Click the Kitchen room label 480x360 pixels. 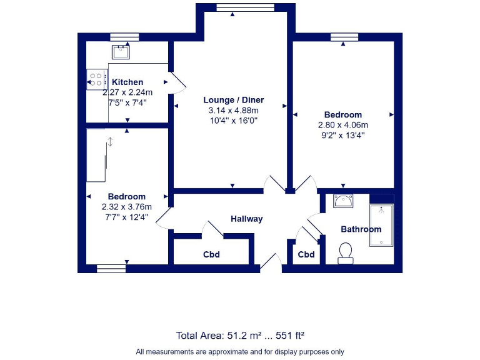(x=127, y=82)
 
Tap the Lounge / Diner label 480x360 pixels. (x=234, y=100)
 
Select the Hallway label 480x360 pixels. (x=246, y=219)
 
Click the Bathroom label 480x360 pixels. (x=361, y=229)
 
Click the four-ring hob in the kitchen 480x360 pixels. (x=96, y=79)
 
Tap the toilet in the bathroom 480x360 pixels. (x=345, y=252)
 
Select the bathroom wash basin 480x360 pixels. (x=343, y=201)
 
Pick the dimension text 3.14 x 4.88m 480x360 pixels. (x=233, y=110)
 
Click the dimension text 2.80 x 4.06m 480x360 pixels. (x=342, y=124)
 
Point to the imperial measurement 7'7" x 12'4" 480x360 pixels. (x=126, y=216)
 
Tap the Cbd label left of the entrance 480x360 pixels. (x=211, y=255)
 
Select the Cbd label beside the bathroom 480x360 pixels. (x=306, y=255)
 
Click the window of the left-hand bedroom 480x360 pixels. (x=111, y=269)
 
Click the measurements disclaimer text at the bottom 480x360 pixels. (x=240, y=351)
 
